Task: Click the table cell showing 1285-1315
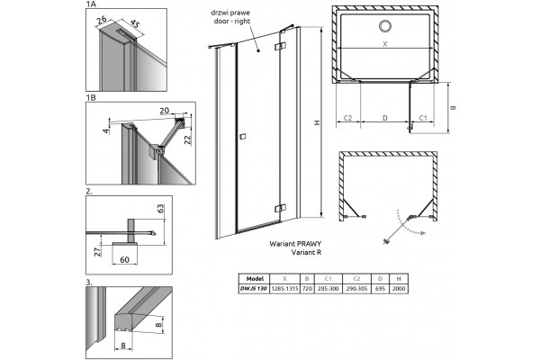284,289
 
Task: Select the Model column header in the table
255,279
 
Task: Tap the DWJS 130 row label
254,289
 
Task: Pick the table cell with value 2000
399,289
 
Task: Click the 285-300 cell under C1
328,289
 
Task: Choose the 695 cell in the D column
380,289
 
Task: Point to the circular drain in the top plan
385,26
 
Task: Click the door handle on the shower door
242,136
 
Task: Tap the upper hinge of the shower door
280,46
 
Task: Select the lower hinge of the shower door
280,208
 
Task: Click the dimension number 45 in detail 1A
135,24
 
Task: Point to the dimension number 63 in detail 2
161,209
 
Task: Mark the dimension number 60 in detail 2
125,259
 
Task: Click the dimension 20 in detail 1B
165,110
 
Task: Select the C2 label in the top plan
347,118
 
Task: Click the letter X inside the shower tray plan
385,44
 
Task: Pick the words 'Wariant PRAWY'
295,244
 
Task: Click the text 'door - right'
232,21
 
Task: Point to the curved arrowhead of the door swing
423,233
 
